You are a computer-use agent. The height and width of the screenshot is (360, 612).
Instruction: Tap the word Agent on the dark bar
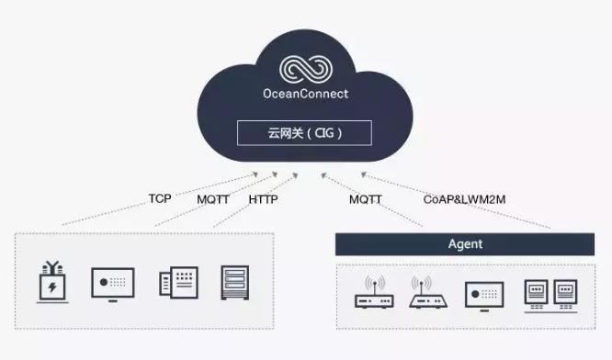point(464,245)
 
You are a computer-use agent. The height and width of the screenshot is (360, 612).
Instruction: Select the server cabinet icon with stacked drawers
point(236,283)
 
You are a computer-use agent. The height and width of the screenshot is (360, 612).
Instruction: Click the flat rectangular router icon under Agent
point(374,292)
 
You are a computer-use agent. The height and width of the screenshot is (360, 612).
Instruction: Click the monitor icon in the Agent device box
point(484,293)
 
